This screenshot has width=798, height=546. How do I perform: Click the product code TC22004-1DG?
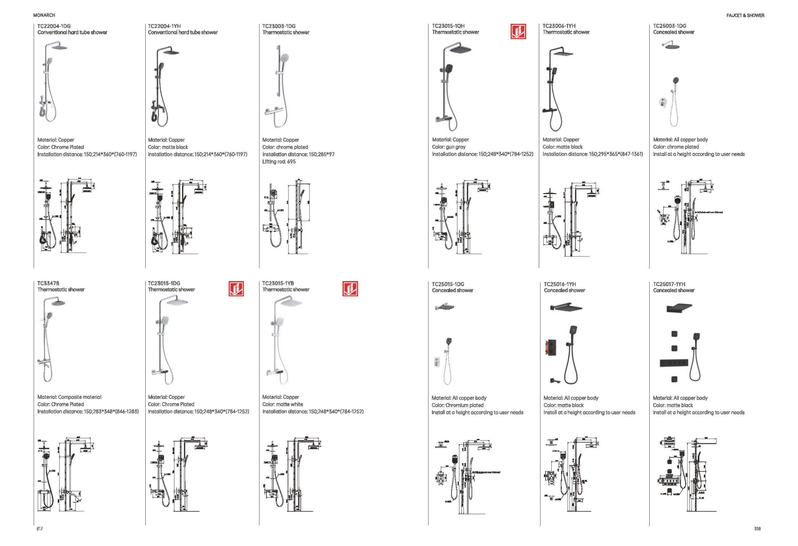(x=54, y=26)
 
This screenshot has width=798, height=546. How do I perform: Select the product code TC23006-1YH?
(x=559, y=26)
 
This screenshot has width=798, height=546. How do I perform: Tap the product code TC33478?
(x=48, y=283)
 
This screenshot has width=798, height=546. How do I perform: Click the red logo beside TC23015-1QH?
(x=518, y=32)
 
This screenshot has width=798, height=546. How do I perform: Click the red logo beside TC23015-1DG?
(x=236, y=288)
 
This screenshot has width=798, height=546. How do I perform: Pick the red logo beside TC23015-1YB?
(x=350, y=288)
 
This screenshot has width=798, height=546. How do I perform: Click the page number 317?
(x=40, y=529)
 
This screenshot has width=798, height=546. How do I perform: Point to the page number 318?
(x=757, y=529)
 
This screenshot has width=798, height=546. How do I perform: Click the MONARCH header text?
(x=44, y=15)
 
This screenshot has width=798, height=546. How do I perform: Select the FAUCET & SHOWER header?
(x=745, y=15)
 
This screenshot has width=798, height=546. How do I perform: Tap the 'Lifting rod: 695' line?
(x=279, y=162)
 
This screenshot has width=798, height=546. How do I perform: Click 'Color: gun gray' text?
(x=449, y=147)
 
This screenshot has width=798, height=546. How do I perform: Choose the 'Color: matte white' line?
(x=283, y=405)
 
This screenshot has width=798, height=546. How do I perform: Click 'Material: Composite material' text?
(x=69, y=397)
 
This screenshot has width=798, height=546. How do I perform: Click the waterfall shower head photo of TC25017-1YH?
(x=679, y=309)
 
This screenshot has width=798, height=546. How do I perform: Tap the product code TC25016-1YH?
(x=561, y=284)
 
